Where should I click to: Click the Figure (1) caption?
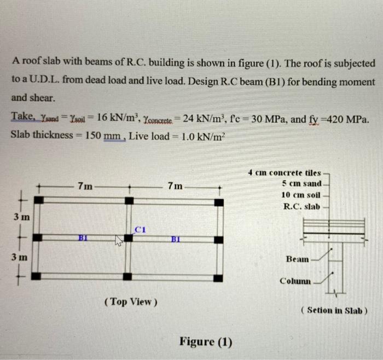click(x=206, y=342)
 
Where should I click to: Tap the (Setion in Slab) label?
click(x=334, y=310)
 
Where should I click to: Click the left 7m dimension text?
click(x=85, y=186)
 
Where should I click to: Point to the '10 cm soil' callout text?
click(x=301, y=195)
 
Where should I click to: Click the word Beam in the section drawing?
click(x=297, y=259)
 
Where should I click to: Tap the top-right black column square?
click(x=218, y=202)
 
